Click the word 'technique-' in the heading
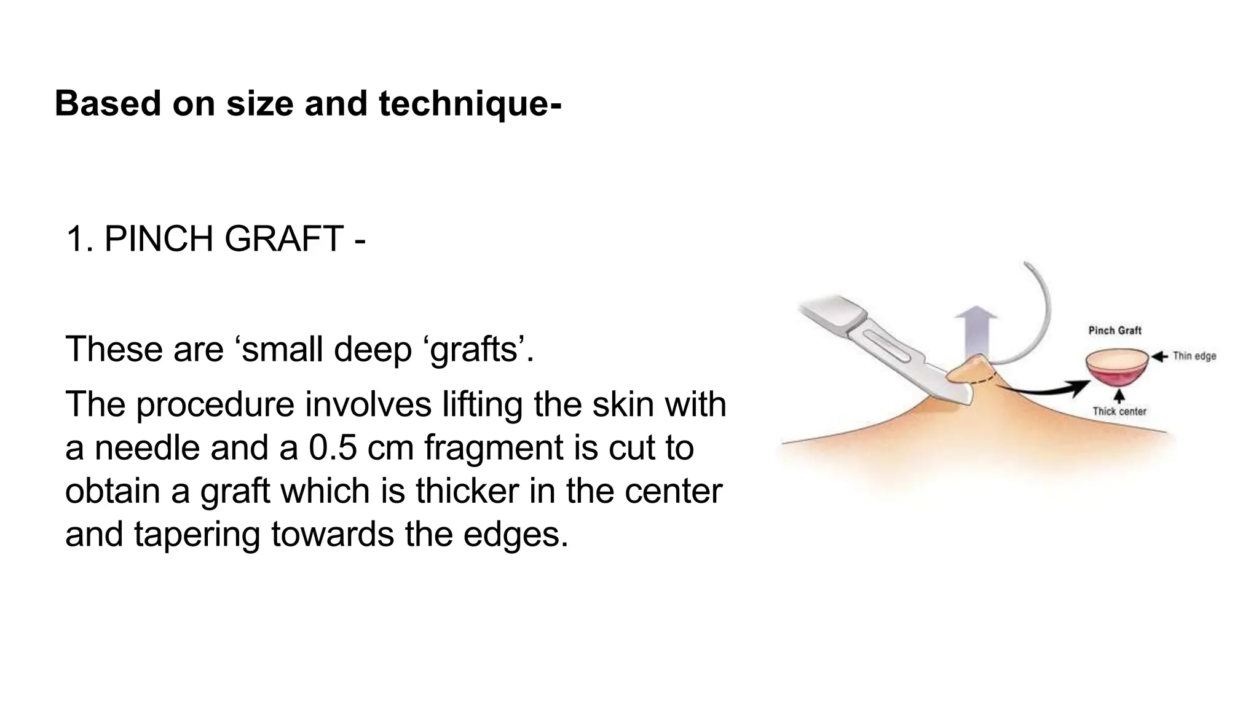point(470,103)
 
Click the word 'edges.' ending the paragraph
point(515,534)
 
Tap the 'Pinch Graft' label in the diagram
point(1115,331)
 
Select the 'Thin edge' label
point(1194,356)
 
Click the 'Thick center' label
point(1119,412)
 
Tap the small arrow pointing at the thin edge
point(1159,356)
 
